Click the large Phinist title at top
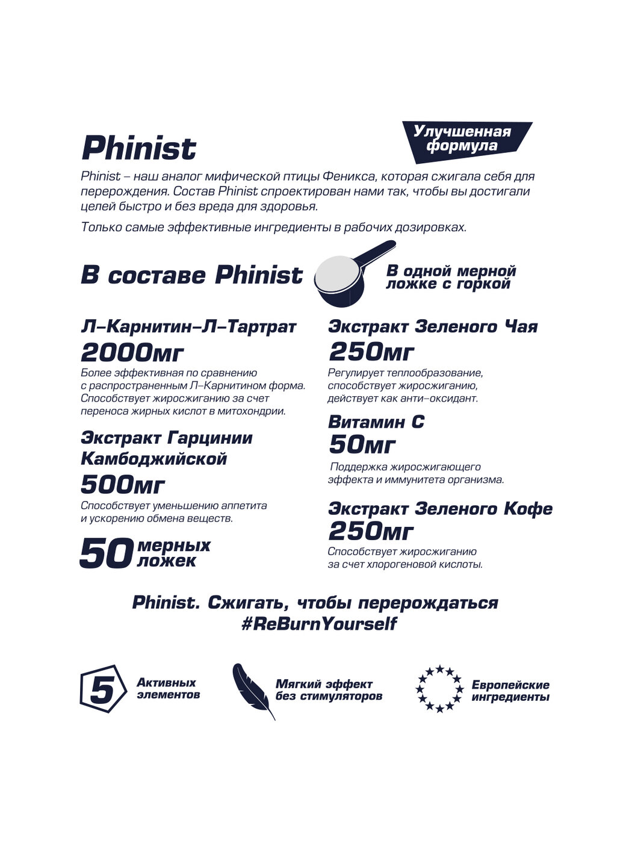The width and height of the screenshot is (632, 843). [139, 148]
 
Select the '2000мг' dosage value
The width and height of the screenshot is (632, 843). [132, 353]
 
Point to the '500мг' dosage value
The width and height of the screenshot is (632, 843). [123, 484]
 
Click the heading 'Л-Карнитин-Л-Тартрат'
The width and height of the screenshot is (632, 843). [188, 327]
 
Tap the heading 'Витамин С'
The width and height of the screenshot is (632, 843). [376, 422]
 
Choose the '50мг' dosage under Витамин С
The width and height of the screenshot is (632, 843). [362, 445]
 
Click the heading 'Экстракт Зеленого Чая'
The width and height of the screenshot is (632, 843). [432, 327]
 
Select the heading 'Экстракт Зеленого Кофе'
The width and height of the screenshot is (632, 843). [440, 509]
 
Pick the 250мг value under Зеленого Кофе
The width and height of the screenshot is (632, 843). [371, 531]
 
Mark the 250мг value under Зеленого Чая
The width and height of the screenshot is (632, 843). [371, 352]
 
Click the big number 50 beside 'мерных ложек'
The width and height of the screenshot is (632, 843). [105, 553]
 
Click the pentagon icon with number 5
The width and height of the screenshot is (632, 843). [102, 689]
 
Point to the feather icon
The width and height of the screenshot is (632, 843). [252, 690]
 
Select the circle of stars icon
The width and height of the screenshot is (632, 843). [439, 688]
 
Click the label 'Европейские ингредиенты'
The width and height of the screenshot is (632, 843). [510, 691]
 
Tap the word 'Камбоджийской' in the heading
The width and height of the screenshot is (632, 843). [153, 459]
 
